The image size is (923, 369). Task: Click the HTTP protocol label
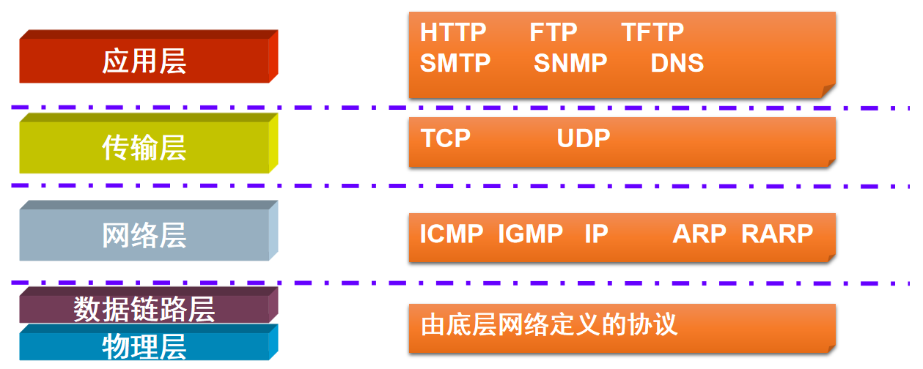pos(453,33)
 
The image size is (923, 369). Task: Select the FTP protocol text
pos(553,33)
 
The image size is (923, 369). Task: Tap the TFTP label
pos(652,33)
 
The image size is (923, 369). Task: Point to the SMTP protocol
pos(455,64)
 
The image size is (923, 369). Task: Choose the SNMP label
pos(570,64)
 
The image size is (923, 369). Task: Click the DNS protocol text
pos(677,64)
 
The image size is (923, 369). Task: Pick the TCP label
pos(446,138)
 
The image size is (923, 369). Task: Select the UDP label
pos(583,138)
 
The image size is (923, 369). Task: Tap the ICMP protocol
pos(452,234)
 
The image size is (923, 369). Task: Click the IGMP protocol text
pos(530,234)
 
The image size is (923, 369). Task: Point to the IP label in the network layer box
pos(596,234)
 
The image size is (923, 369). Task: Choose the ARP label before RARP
pos(699,234)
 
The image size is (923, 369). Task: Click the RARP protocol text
pos(777,234)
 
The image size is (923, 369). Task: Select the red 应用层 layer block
pos(144,61)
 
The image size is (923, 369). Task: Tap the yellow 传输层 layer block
pos(144,148)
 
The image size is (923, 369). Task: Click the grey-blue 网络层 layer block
pos(144,235)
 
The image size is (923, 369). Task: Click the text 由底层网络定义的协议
pos(549,324)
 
